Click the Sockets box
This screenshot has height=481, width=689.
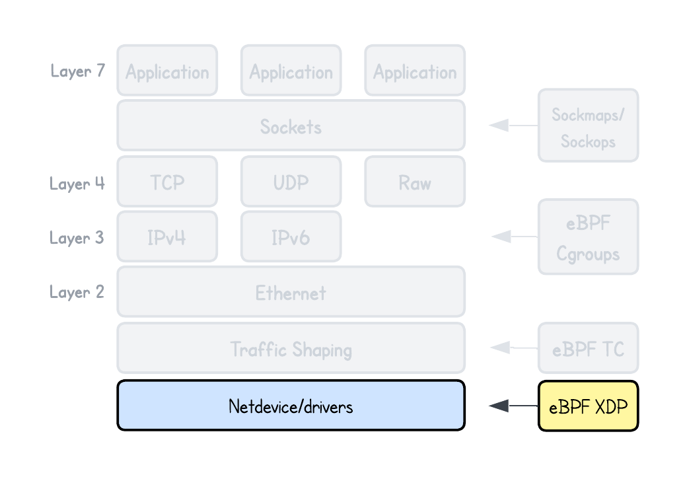(291, 126)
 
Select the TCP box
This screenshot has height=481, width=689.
(167, 182)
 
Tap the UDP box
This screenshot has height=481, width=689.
(291, 182)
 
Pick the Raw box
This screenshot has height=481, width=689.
(415, 182)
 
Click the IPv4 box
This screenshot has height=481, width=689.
(167, 237)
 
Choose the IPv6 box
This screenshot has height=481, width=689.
(291, 237)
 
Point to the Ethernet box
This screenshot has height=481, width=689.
(291, 291)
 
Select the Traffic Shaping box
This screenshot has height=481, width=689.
(291, 348)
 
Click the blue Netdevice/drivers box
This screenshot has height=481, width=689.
(291, 405)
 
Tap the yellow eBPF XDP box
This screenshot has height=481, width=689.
(588, 406)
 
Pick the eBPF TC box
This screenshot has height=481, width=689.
(588, 348)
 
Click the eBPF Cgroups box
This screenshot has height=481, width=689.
(588, 237)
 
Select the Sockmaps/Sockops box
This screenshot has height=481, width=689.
(588, 126)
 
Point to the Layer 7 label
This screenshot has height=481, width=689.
(77, 71)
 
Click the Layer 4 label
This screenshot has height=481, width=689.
(77, 182)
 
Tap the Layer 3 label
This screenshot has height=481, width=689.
(77, 237)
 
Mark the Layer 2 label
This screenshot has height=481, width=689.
(77, 291)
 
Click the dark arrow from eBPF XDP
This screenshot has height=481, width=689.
(512, 406)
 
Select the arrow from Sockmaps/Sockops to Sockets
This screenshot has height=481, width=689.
(512, 125)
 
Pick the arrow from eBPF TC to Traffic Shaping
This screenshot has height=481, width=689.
(512, 348)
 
